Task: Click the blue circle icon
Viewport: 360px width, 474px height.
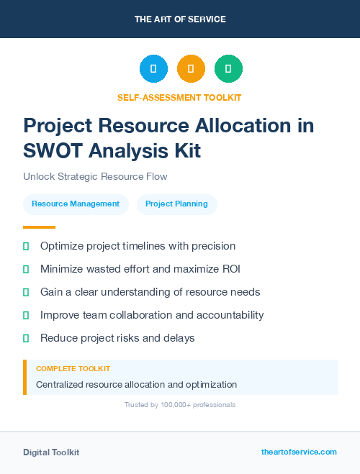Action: coord(153,69)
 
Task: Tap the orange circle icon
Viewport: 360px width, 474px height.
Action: coord(191,69)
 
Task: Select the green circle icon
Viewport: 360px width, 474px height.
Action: coord(228,69)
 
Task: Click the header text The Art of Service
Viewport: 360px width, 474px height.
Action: coord(180,19)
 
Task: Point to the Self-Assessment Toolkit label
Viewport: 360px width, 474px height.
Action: coord(179,97)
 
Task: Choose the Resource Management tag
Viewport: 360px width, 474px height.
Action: coord(76,204)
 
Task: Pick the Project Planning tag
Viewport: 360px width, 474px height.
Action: coord(176,204)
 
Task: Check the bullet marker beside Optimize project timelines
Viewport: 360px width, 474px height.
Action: coord(26,246)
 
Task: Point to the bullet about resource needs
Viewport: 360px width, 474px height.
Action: coord(150,292)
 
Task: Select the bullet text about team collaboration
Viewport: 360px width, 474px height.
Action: coord(152,315)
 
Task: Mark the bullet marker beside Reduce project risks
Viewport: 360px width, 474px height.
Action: coord(26,338)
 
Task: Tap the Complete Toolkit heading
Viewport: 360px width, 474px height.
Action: coord(73,368)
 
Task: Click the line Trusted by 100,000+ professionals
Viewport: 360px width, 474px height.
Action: coord(179,405)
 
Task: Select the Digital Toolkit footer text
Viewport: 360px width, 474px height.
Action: coord(51,452)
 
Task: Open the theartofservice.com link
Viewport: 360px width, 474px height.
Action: coord(299,452)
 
